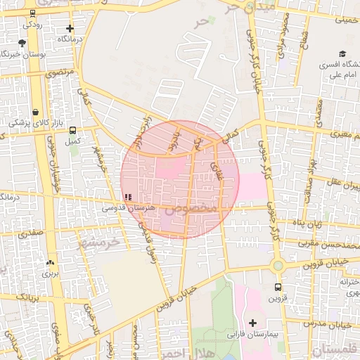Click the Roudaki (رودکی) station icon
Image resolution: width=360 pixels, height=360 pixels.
[x=32, y=13]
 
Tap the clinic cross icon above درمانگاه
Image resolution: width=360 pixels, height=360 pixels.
[x=70, y=30]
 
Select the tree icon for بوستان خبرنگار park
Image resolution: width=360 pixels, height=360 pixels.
[x=22, y=44]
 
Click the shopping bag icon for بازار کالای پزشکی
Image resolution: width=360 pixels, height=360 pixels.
[x=35, y=112]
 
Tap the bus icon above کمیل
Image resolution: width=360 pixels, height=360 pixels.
[x=71, y=130]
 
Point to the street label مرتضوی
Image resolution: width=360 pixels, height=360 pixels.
[x=59, y=72]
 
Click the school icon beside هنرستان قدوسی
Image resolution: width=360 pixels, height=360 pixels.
[x=127, y=197]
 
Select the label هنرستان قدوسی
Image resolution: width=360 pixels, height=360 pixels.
[x=124, y=208]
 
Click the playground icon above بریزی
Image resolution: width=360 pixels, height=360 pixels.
[x=50, y=263]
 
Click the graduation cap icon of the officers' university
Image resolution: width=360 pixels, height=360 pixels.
[x=342, y=54]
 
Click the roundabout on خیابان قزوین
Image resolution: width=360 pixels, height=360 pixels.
[x=278, y=266]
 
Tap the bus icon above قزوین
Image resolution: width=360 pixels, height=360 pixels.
[x=278, y=287]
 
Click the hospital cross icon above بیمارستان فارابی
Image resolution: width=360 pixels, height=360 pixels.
[x=252, y=323]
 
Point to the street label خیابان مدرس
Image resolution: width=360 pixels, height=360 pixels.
[x=333, y=324]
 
